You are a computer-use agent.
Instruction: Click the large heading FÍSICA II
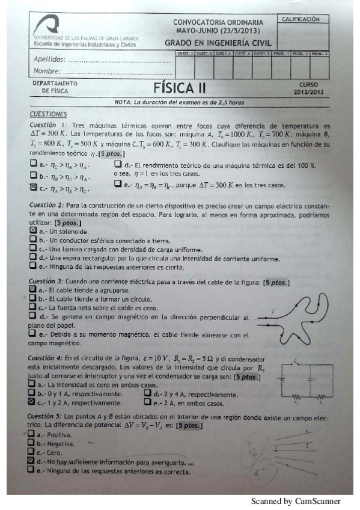pyautogui.click(x=179, y=88)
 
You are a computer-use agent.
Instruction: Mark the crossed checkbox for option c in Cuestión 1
pyautogui.click(x=34, y=188)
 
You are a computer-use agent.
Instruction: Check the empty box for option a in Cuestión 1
pyautogui.click(x=34, y=164)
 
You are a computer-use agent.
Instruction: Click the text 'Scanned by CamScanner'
pyautogui.click(x=295, y=501)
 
